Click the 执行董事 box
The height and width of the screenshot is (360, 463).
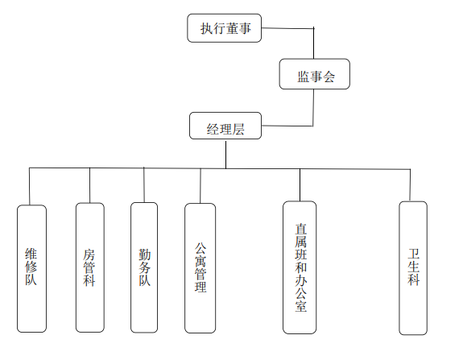(x=225, y=28)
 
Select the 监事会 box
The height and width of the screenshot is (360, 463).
(x=315, y=74)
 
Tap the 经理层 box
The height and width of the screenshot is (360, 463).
(x=225, y=126)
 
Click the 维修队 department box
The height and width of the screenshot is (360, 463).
(x=31, y=268)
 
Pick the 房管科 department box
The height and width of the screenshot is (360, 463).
(x=90, y=267)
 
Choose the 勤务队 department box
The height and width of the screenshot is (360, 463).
(x=144, y=267)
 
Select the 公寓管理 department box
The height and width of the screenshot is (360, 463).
(x=200, y=268)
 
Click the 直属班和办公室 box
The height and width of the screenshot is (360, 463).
(x=300, y=267)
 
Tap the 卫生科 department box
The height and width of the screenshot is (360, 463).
(x=413, y=268)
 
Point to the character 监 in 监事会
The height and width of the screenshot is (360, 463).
(x=304, y=77)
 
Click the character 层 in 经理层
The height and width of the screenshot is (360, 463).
(x=238, y=130)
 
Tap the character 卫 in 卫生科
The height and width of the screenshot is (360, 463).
(x=414, y=254)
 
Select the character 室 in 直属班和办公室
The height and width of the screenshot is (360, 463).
(x=300, y=306)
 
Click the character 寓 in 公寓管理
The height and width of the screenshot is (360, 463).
(x=200, y=261)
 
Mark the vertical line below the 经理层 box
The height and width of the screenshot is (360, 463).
(x=226, y=155)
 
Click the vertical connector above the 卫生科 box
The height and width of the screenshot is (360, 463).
(x=410, y=185)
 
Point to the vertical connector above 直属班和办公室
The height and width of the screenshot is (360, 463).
(x=300, y=185)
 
